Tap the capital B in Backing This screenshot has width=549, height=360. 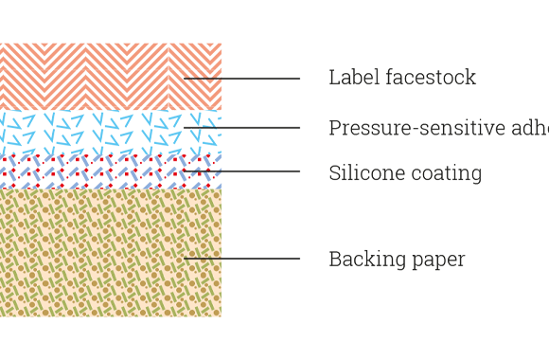[x=335, y=259]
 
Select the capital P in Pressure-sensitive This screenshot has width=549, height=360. [x=335, y=128]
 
